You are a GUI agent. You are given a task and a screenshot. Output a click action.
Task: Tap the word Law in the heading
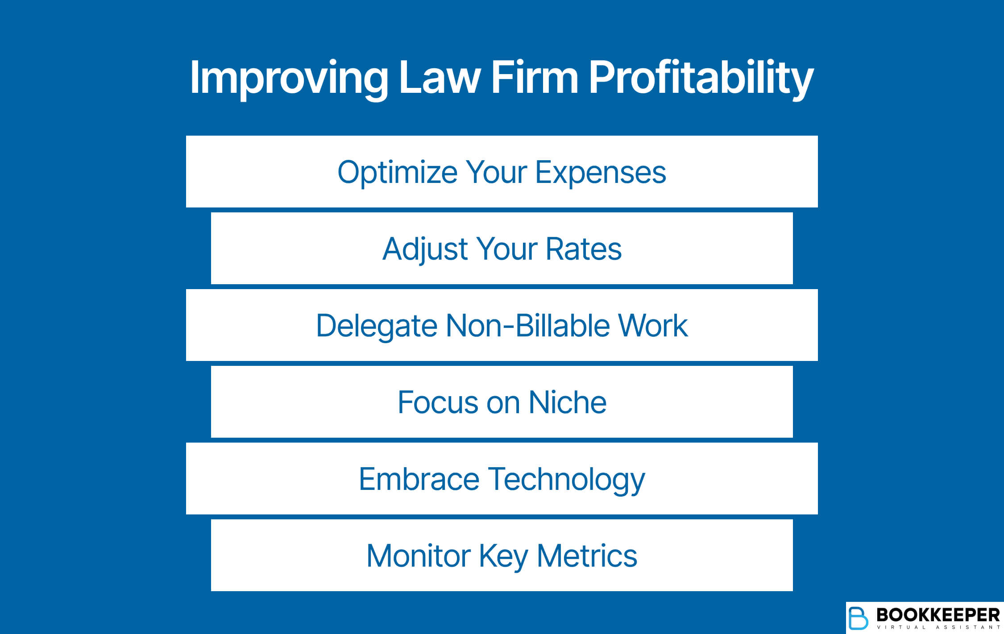click(x=439, y=78)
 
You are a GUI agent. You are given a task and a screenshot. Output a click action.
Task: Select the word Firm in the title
click(x=535, y=78)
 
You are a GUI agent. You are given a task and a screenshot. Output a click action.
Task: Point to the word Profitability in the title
click(x=701, y=78)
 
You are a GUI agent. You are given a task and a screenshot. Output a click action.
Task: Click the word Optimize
click(x=397, y=172)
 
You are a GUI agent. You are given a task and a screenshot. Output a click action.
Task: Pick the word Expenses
click(x=600, y=172)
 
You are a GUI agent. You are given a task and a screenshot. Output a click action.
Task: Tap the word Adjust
click(x=425, y=249)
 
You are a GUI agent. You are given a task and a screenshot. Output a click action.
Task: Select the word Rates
click(x=583, y=249)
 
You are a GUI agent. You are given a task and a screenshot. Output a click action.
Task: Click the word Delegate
click(x=376, y=326)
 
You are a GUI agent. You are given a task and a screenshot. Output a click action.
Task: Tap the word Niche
click(x=567, y=402)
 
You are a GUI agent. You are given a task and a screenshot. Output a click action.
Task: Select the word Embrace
click(x=419, y=479)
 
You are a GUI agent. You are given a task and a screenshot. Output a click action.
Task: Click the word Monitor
click(x=419, y=556)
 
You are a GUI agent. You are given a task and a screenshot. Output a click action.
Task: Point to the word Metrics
click(x=587, y=556)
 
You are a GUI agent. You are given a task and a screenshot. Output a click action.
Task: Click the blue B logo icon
click(x=858, y=618)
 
